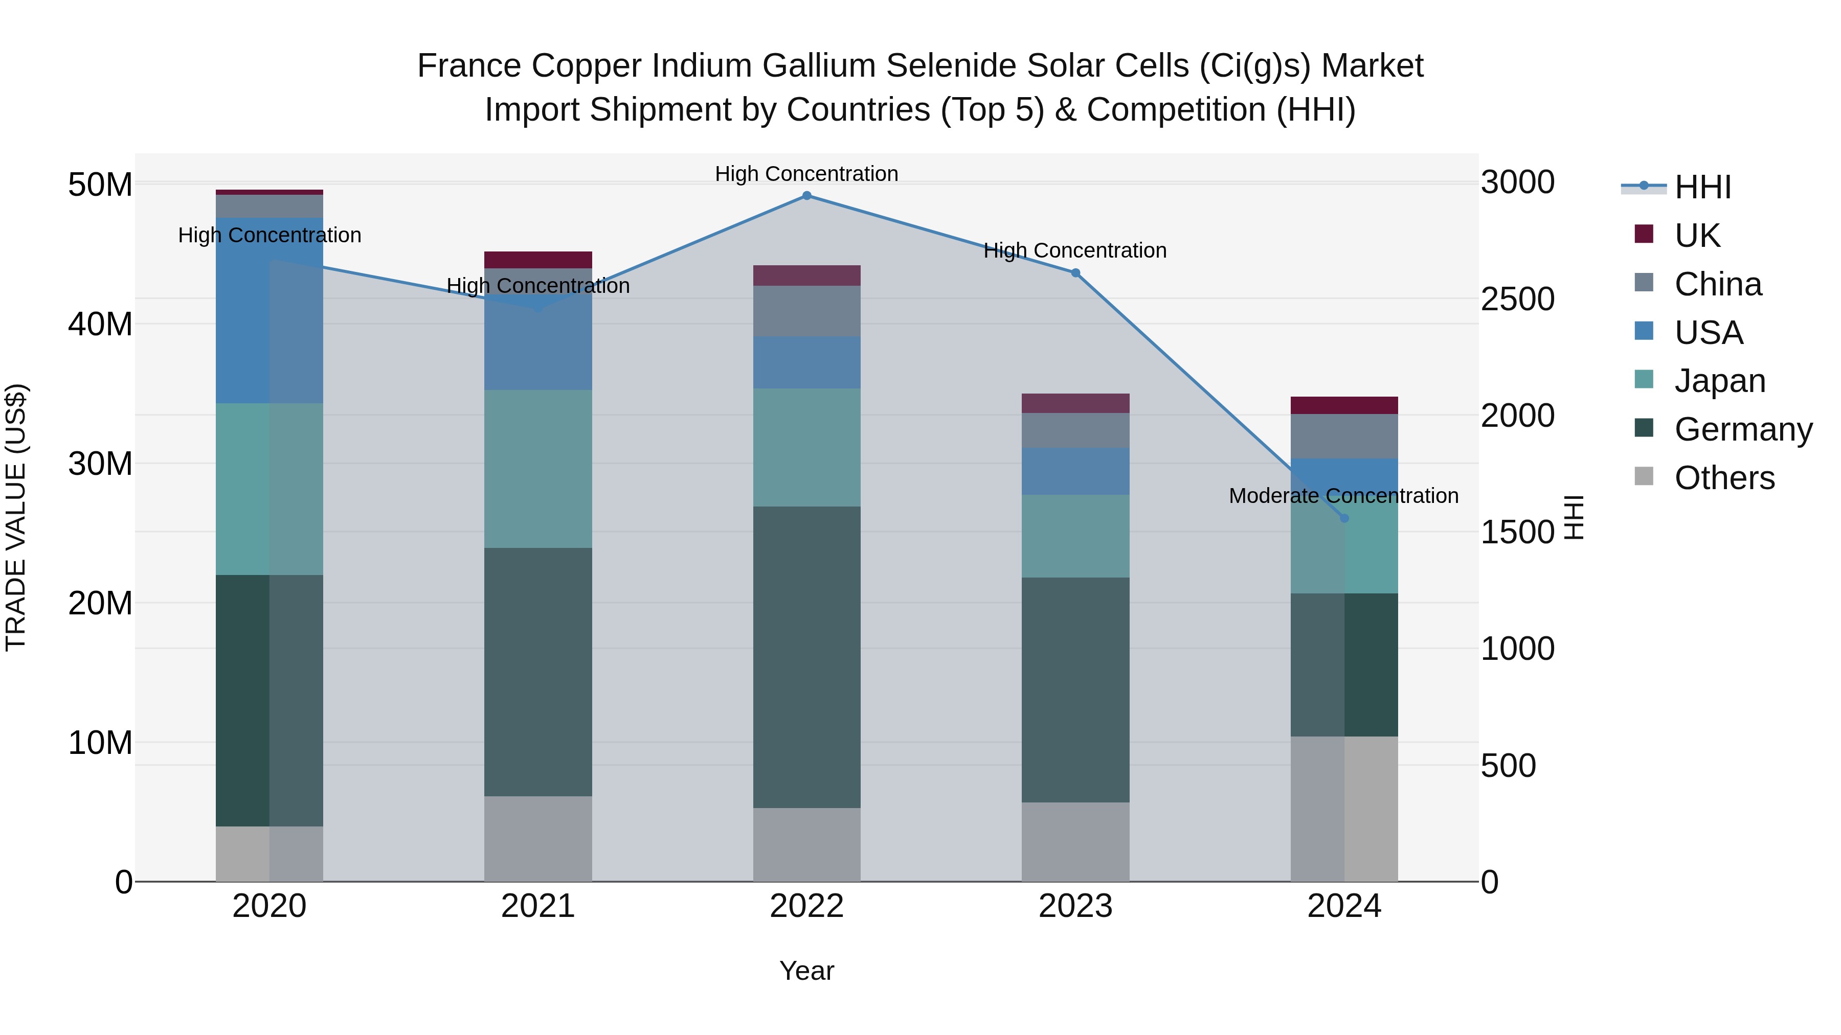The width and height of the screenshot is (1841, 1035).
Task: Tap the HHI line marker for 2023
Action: click(x=1075, y=273)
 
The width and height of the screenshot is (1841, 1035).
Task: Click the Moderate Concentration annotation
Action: click(x=1343, y=496)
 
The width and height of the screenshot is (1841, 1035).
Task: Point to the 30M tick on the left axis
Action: click(x=100, y=464)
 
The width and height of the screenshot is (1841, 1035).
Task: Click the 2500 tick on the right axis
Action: click(x=1517, y=300)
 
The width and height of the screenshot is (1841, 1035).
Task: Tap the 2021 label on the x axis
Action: click(x=537, y=906)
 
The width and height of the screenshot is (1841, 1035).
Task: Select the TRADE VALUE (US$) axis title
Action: click(x=16, y=517)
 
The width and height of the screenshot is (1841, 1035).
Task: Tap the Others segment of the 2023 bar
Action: click(x=1075, y=841)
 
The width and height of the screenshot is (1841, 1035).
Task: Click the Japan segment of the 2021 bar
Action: click(x=537, y=469)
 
